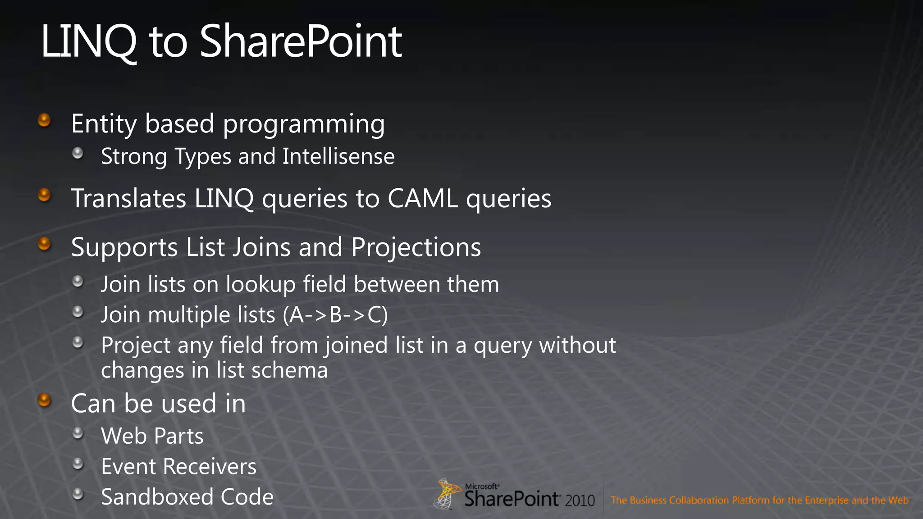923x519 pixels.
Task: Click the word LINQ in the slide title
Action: (x=88, y=42)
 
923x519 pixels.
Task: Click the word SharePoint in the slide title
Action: (x=301, y=42)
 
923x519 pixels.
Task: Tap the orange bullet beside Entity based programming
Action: (x=44, y=120)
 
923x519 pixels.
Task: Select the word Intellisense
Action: (x=338, y=156)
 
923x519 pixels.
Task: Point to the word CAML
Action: (x=422, y=198)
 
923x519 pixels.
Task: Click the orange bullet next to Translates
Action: (x=44, y=195)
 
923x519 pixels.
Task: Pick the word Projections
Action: (x=416, y=247)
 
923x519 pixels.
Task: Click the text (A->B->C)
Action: (x=335, y=314)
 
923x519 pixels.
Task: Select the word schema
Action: (x=289, y=370)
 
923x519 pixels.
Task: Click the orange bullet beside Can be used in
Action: (x=44, y=400)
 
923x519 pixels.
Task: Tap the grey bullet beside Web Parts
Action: (x=78, y=433)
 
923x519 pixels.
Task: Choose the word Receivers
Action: (x=210, y=466)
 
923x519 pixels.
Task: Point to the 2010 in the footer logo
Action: (x=580, y=501)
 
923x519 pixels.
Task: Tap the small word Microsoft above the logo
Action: (x=482, y=487)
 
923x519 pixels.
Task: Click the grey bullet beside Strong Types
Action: (x=78, y=153)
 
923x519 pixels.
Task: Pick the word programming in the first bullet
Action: (x=304, y=124)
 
